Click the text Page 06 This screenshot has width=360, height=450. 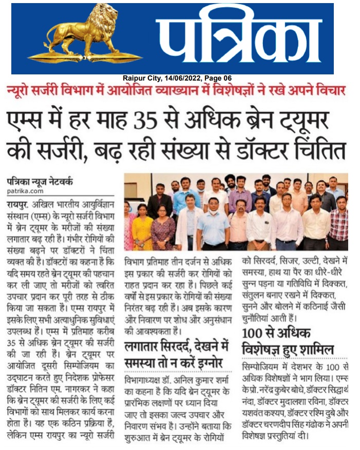[x=218, y=78]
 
